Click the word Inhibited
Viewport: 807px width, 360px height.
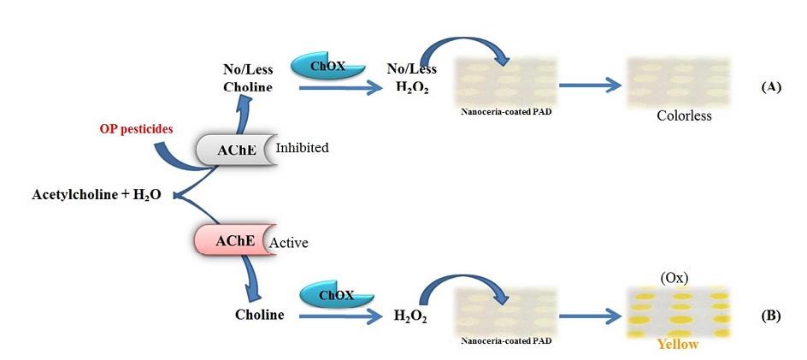coord(302,148)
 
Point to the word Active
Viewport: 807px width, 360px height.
coord(289,243)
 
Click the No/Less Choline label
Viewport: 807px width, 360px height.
coord(248,78)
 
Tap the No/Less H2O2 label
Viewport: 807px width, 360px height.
coord(411,78)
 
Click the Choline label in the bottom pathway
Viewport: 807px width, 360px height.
coord(260,315)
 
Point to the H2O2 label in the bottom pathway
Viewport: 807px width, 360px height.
coord(410,316)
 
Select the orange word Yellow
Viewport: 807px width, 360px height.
coord(676,344)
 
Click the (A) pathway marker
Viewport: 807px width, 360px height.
coord(770,87)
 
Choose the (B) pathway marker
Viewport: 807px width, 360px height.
coord(770,316)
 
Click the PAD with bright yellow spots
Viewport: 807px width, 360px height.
coord(678,311)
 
